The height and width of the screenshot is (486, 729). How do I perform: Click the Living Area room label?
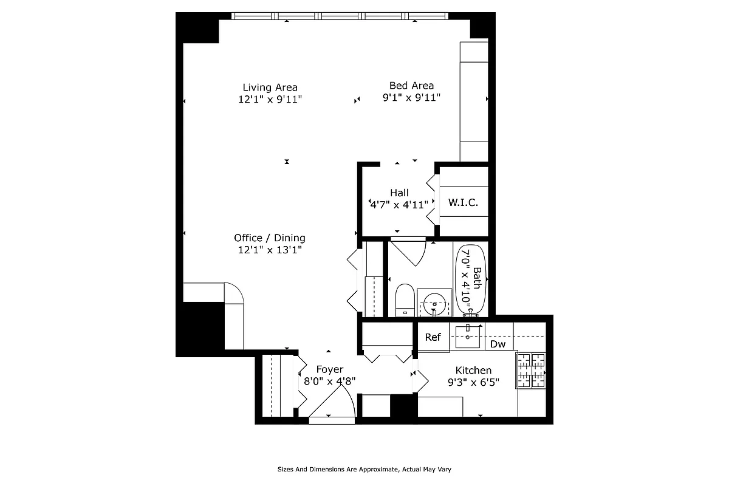click(x=270, y=87)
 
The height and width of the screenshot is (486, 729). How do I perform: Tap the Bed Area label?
click(x=411, y=86)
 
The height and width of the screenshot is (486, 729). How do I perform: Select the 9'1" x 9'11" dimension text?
click(x=411, y=97)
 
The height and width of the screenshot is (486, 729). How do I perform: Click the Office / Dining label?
click(x=270, y=238)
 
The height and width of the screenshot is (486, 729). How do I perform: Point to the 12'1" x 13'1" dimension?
click(x=270, y=249)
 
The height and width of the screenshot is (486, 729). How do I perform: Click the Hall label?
click(x=399, y=193)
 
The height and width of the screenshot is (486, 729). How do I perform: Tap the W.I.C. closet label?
click(x=464, y=202)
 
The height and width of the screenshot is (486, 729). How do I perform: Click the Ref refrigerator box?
click(x=433, y=338)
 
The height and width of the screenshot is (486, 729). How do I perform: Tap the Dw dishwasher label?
click(x=498, y=344)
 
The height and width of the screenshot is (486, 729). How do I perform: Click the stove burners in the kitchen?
click(x=532, y=370)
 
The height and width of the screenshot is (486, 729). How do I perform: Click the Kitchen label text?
click(x=473, y=370)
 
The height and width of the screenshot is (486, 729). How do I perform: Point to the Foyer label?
click(x=330, y=369)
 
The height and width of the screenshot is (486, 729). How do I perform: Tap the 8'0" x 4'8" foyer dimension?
click(x=330, y=382)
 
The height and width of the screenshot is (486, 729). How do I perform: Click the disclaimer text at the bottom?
click(x=364, y=469)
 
